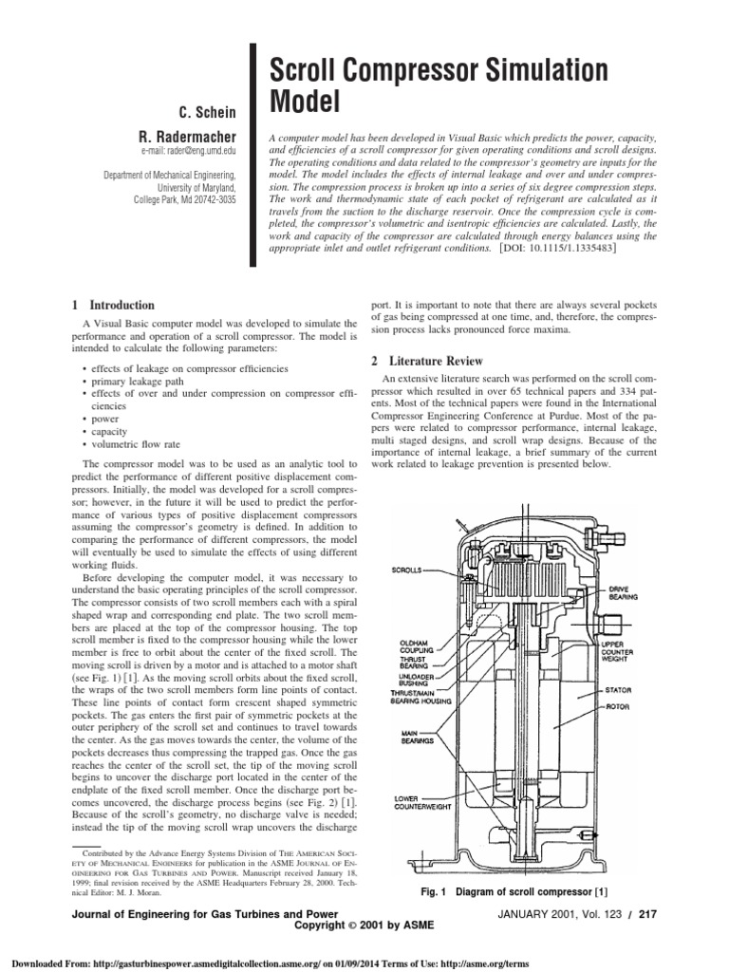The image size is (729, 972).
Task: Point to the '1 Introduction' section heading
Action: coord(112,306)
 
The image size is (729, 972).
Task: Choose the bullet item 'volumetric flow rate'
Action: coord(133,443)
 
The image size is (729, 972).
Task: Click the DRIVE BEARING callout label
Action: coord(625,591)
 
